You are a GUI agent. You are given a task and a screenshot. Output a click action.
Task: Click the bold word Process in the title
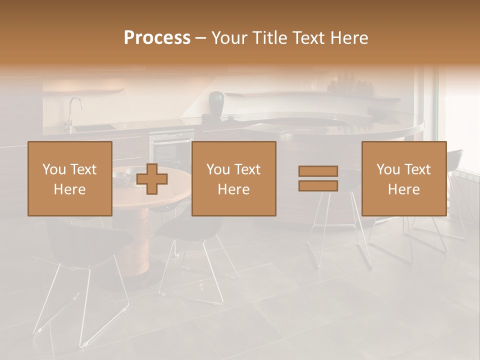(157, 38)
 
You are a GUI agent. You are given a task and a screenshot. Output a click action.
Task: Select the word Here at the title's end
(347, 38)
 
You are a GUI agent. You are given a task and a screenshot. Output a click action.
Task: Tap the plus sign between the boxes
(152, 179)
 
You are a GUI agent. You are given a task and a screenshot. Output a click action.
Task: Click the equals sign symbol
(318, 178)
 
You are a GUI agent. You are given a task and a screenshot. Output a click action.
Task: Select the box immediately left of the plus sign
(70, 178)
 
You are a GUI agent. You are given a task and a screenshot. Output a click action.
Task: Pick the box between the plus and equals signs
(234, 178)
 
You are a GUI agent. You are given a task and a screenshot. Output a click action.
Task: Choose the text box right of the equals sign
(404, 178)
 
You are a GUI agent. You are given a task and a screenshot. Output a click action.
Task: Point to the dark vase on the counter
(216, 102)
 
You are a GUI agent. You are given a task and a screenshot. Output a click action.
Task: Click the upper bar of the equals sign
(318, 171)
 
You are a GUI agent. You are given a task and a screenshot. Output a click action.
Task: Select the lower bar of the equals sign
(318, 186)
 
